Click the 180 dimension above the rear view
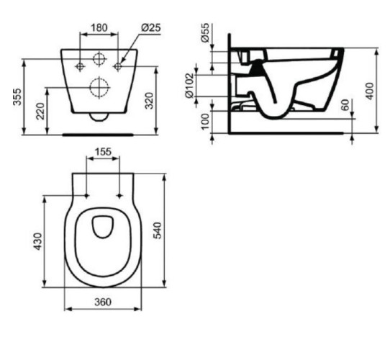pyautogui.click(x=99, y=27)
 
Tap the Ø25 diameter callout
pyautogui.click(x=150, y=27)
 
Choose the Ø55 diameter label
pyautogui.click(x=206, y=34)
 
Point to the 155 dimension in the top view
pyautogui.click(x=103, y=153)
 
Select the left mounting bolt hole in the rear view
pyautogui.click(x=79, y=67)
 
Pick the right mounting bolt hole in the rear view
pyautogui.click(x=118, y=67)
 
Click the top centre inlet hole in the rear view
pyautogui.click(x=99, y=58)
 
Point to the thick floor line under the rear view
pyautogui.click(x=99, y=133)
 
